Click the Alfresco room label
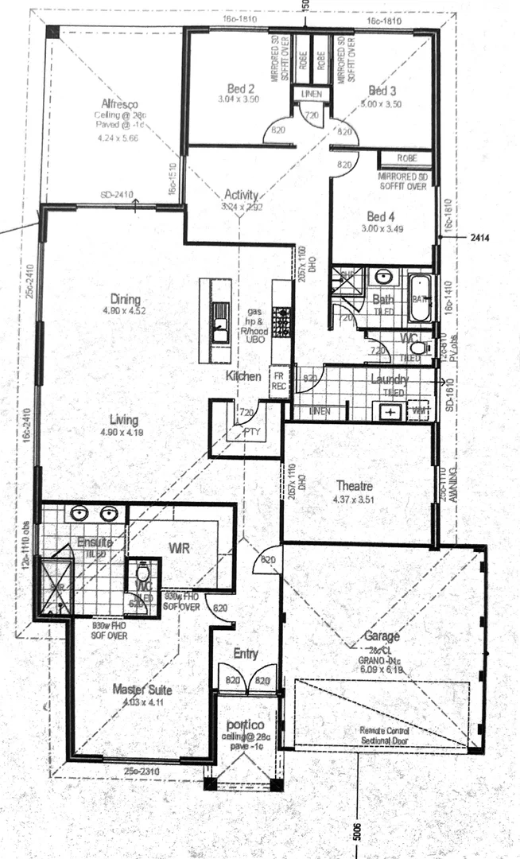[x=119, y=103]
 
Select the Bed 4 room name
[x=381, y=216]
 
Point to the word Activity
[x=242, y=195]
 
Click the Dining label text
[x=126, y=299]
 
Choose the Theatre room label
[x=355, y=485]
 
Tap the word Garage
[x=382, y=636]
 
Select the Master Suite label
[x=142, y=689]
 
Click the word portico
[x=246, y=726]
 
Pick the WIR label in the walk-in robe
[x=177, y=548]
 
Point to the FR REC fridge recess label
[x=279, y=382]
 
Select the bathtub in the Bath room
[x=419, y=298]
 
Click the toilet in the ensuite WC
[x=144, y=573]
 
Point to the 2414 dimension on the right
[x=481, y=237]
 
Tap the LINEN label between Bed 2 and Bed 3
[x=310, y=95]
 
